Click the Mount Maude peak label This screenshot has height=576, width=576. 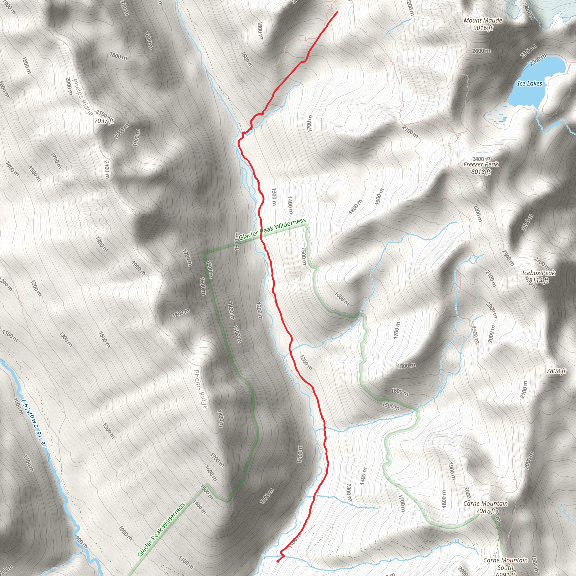tap(483, 21)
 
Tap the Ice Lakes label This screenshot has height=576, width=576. tap(530, 84)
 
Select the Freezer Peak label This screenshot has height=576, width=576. tap(481, 164)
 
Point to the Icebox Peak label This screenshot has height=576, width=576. tap(538, 273)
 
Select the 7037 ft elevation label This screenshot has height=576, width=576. tap(104, 121)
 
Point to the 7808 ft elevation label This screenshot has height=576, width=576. tap(556, 371)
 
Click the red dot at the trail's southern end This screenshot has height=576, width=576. tap(278, 561)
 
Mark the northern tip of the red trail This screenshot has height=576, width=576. tap(337, 12)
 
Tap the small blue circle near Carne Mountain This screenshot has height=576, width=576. tap(457, 541)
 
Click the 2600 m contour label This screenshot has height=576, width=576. tap(481, 51)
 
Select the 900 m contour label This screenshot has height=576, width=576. tap(81, 542)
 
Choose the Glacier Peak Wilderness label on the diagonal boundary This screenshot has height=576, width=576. tap(161, 530)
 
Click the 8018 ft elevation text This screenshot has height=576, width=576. tap(481, 172)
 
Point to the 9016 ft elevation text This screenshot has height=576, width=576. tap(483, 28)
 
